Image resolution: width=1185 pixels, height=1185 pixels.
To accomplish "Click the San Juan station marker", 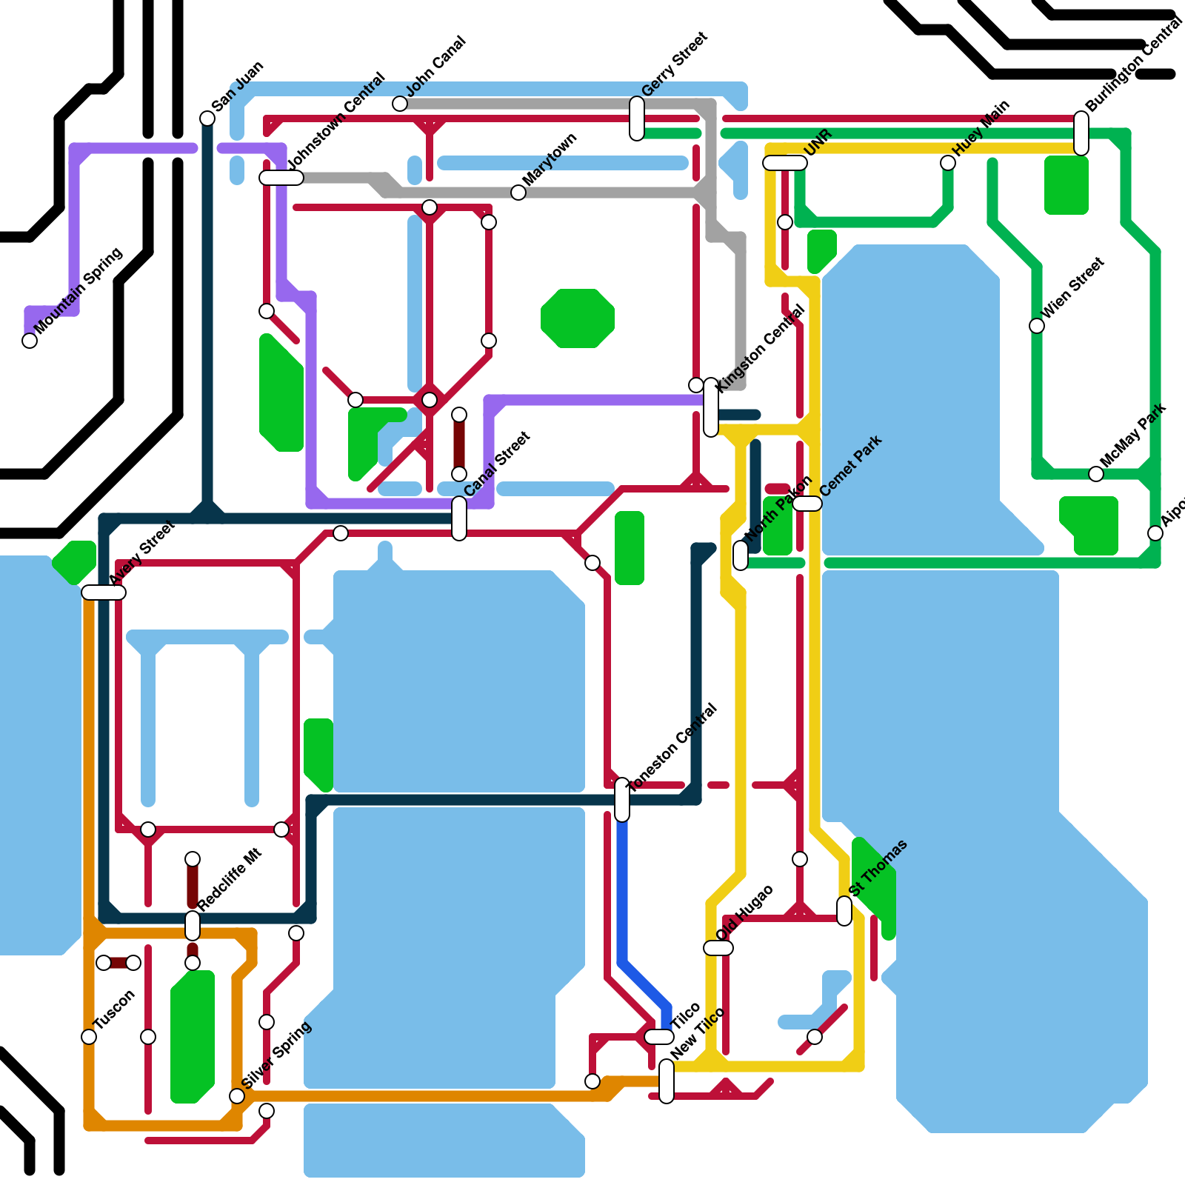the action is click(207, 118).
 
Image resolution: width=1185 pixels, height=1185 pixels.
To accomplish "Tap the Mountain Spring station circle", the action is click(30, 341).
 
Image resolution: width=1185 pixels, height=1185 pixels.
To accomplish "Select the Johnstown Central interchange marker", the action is click(281, 178).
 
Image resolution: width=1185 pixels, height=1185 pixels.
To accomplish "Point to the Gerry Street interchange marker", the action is click(637, 118).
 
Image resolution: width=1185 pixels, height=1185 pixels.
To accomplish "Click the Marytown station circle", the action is click(518, 193).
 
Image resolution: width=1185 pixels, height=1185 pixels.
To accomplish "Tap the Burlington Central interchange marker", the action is click(1081, 133).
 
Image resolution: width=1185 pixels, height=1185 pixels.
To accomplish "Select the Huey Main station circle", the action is click(948, 163).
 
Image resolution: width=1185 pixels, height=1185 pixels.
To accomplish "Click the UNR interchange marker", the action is click(785, 163).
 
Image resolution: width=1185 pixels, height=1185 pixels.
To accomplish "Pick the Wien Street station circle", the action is click(1037, 326).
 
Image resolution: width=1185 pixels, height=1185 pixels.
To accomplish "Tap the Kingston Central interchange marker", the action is click(711, 407).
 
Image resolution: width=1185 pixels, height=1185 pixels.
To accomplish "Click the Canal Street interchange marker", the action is click(459, 518).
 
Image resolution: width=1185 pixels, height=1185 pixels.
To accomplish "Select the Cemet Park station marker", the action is click(807, 504).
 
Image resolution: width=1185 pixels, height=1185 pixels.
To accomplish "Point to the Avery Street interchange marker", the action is click(104, 592).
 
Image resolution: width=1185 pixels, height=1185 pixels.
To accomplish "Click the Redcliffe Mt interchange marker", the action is click(193, 926).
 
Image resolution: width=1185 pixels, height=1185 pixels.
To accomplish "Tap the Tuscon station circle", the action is click(89, 1037).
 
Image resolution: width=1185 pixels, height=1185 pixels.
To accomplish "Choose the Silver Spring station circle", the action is click(237, 1096).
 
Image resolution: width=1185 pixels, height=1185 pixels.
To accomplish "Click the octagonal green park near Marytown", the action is click(578, 318).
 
